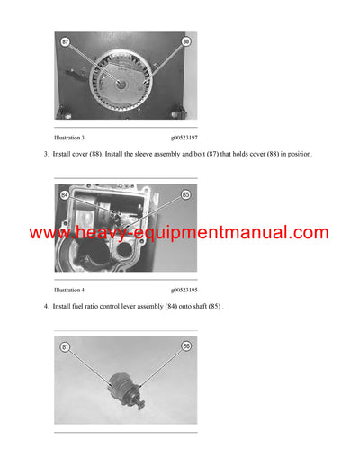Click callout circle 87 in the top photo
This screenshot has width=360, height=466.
(65, 41)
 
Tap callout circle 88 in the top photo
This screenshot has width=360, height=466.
(186, 41)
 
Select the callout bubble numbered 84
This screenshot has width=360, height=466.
(65, 193)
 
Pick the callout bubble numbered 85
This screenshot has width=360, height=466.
(186, 193)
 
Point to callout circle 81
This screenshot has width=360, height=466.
(65, 346)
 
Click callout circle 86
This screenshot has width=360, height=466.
(186, 346)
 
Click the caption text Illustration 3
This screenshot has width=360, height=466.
(69, 138)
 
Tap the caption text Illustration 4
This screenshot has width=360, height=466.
(69, 290)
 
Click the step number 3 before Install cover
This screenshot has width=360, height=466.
(45, 155)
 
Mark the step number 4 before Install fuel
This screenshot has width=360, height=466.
(45, 307)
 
